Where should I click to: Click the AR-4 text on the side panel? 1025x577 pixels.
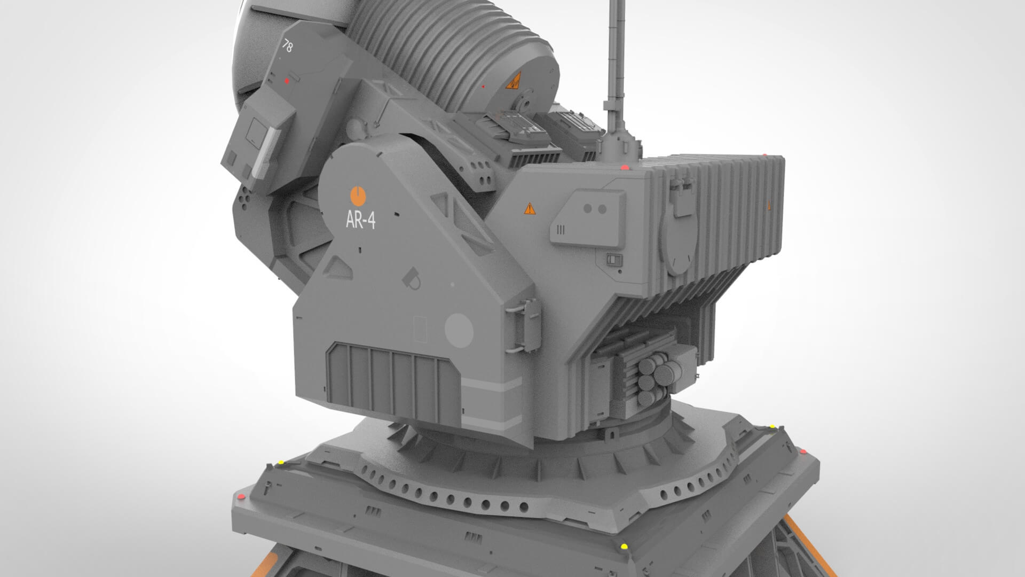360,220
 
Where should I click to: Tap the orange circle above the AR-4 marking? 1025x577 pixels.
357,196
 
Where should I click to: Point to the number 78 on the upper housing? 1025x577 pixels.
287,47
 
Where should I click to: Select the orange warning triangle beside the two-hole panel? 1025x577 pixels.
529,208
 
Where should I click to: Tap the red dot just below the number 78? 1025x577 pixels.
287,81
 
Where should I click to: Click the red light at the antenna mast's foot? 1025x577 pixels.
625,168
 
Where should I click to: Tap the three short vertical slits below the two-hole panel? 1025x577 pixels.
561,230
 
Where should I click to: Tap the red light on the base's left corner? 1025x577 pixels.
241,497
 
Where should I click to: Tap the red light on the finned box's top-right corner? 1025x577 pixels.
764,155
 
